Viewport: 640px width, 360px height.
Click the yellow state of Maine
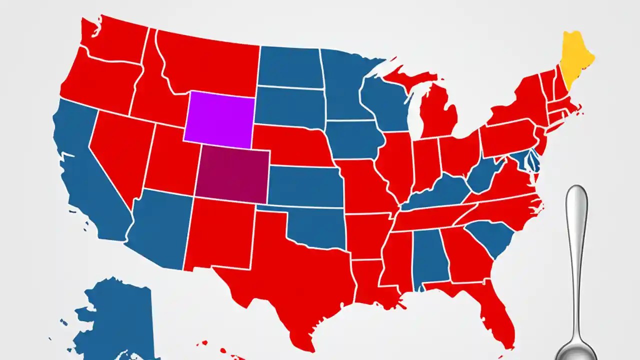(x=576, y=55)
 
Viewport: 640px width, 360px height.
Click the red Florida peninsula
(x=492, y=315)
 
